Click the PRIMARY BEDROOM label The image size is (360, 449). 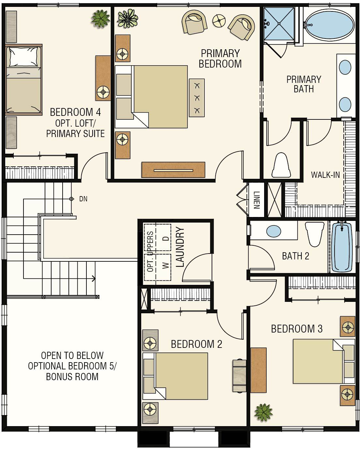(x=220, y=59)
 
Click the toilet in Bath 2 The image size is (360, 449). (x=315, y=234)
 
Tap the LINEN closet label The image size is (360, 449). (x=257, y=200)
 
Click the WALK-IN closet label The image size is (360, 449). (x=325, y=175)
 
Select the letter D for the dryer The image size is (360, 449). (x=166, y=238)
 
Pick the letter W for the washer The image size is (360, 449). (x=166, y=265)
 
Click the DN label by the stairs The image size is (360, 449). (x=83, y=199)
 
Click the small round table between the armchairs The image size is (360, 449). (x=219, y=21)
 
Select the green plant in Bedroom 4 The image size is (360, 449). (x=100, y=19)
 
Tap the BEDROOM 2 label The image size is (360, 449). (x=197, y=344)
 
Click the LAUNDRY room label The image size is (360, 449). (x=180, y=247)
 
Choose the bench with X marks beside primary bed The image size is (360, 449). (x=197, y=98)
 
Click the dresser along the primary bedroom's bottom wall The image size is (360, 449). (x=173, y=170)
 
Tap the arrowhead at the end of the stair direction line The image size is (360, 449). (x=94, y=278)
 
